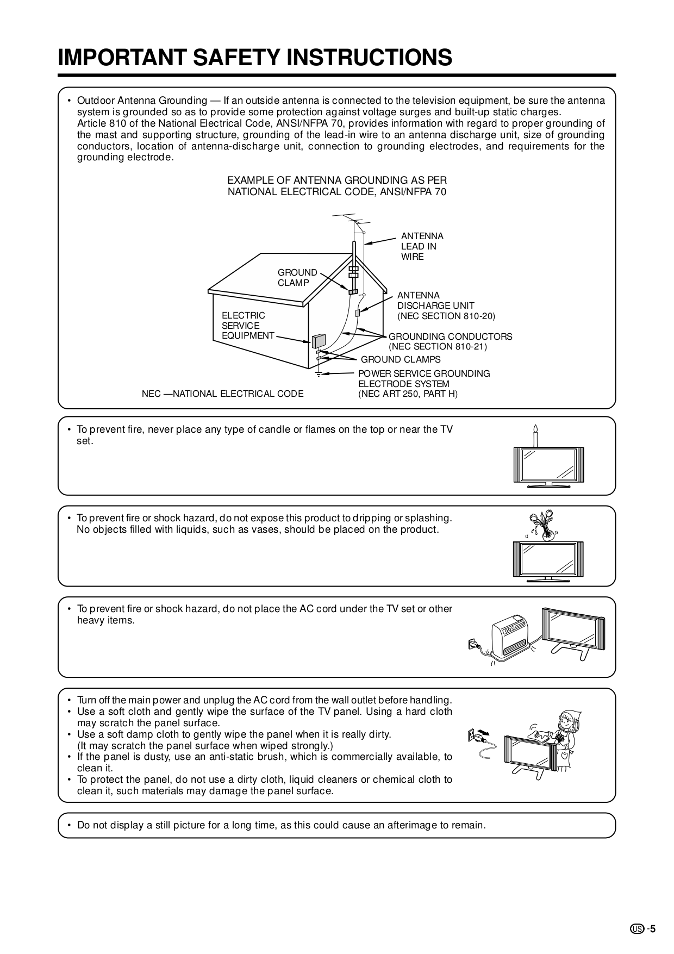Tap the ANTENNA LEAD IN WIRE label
point(422,246)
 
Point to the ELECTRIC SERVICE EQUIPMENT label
point(247,325)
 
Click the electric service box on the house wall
point(319,340)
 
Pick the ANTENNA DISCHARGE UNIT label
point(435,301)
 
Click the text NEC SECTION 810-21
point(438,346)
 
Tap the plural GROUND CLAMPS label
point(401,359)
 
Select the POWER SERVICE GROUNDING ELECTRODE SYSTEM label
point(424,378)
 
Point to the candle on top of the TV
point(535,435)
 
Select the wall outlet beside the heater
point(472,645)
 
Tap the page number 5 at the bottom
point(653,928)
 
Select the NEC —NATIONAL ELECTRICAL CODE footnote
point(222,394)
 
